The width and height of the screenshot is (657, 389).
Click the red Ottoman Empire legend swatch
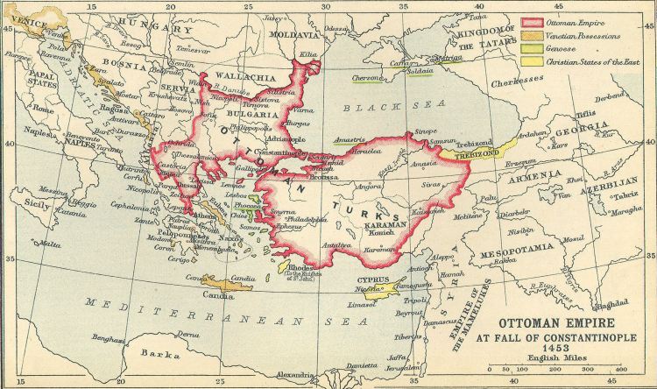[533, 20]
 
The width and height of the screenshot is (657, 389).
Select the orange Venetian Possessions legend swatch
[533, 36]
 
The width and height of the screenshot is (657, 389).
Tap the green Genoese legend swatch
[533, 51]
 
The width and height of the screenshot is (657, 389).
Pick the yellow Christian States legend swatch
[533, 66]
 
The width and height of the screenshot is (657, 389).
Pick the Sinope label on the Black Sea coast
[424, 130]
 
